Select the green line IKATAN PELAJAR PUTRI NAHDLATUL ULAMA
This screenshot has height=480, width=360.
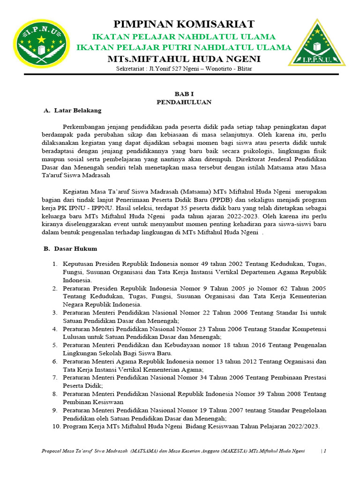click(x=184, y=47)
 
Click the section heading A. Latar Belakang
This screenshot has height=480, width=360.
click(x=72, y=111)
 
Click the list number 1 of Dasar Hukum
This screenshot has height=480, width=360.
click(x=55, y=264)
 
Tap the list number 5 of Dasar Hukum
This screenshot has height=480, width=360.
click(x=55, y=345)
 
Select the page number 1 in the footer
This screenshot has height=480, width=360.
click(x=324, y=451)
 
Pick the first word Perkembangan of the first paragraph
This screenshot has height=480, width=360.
click(x=83, y=127)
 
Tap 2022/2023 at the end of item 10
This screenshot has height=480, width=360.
click(x=304, y=426)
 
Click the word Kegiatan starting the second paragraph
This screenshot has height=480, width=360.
click(x=76, y=191)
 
